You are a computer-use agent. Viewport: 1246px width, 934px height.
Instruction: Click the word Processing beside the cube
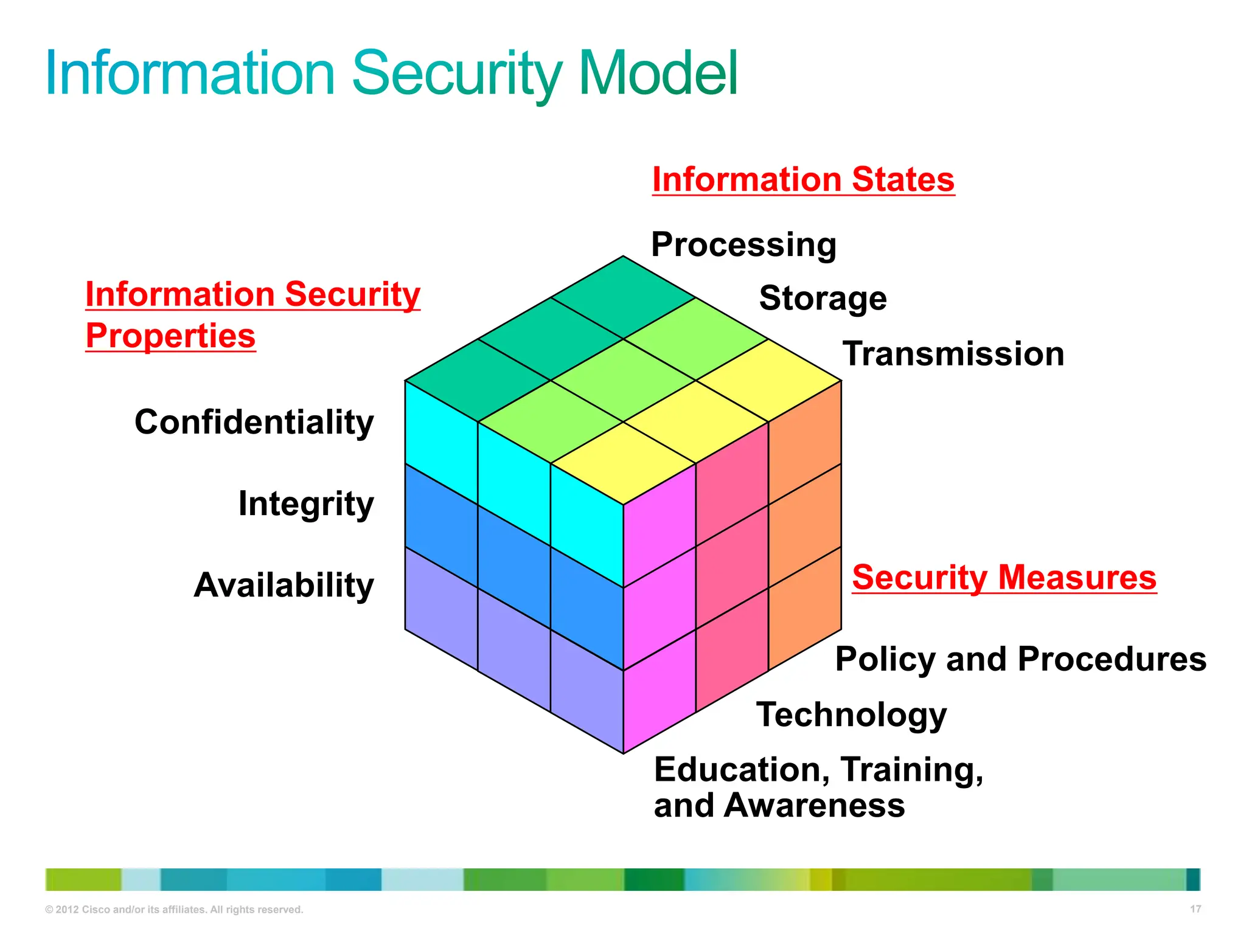[743, 244]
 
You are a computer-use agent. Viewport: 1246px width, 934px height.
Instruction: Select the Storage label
[823, 298]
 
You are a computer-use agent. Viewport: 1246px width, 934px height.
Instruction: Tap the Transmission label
[953, 354]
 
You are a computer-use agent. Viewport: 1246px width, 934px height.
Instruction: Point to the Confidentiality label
[254, 422]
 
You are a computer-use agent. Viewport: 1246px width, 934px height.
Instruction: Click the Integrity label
[306, 503]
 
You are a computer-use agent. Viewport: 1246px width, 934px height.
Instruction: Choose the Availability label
[284, 585]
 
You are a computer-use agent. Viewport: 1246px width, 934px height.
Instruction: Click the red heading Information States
[803, 179]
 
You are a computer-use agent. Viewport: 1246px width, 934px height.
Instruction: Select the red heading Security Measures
[1004, 577]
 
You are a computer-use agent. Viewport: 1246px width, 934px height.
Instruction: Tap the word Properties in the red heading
[170, 336]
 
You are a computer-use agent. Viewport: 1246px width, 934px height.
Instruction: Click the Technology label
[851, 714]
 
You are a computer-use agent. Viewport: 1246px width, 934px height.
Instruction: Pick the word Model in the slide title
[658, 74]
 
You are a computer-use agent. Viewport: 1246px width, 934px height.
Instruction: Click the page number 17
[1195, 909]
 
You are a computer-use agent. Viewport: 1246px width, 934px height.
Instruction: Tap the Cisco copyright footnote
[174, 910]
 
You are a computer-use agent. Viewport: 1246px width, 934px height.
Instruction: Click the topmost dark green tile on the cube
[623, 297]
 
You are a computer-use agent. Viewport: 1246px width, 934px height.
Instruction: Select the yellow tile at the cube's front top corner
[623, 463]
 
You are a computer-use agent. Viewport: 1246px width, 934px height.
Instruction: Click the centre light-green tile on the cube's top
[623, 380]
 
